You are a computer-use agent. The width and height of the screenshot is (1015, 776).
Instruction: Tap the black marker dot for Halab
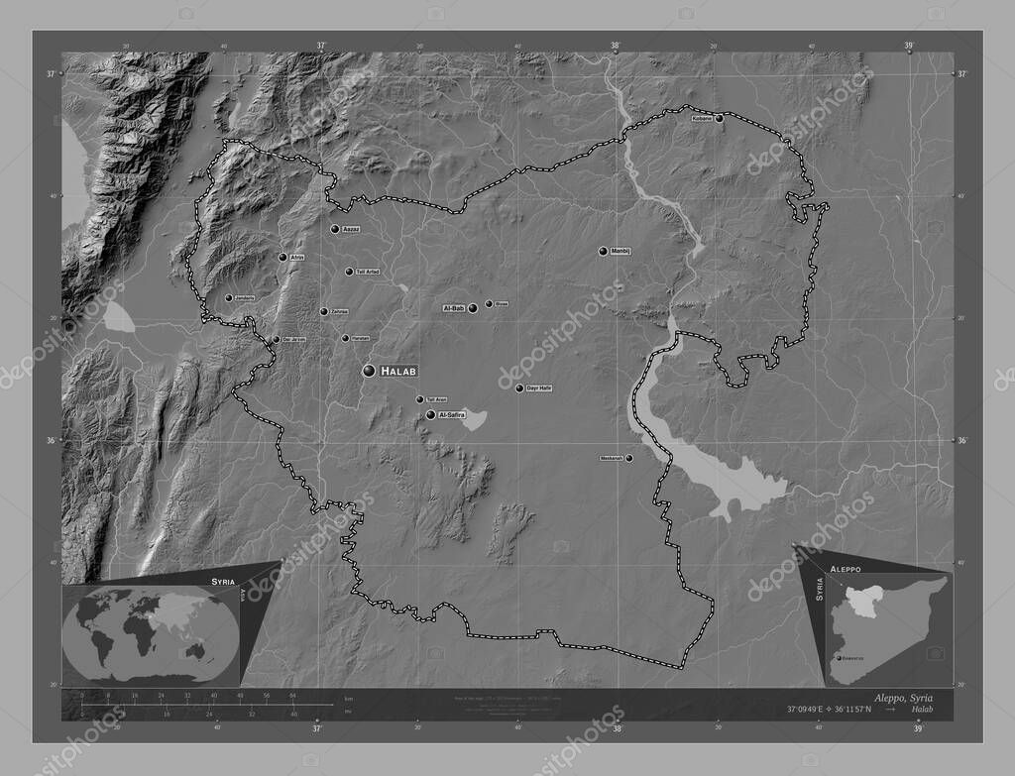click(369, 371)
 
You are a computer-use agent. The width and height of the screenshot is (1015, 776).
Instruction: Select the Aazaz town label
click(350, 229)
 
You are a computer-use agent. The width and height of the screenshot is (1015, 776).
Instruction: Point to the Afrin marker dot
click(282, 258)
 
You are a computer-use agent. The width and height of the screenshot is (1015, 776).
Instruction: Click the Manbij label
click(621, 251)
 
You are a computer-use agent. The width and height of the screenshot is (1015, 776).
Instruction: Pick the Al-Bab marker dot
click(473, 309)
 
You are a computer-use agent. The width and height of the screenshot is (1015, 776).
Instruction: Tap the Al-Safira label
click(451, 414)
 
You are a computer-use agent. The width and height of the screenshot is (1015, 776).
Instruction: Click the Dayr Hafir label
click(539, 388)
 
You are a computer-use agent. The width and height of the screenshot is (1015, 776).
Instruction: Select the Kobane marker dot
click(720, 119)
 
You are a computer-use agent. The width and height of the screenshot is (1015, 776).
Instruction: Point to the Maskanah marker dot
click(628, 458)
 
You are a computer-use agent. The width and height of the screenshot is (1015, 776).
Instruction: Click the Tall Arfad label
click(366, 272)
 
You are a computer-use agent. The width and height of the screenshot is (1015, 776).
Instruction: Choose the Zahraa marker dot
click(323, 312)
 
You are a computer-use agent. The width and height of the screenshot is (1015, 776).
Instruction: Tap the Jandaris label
click(244, 298)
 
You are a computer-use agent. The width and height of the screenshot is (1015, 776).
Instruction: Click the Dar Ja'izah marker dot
click(277, 340)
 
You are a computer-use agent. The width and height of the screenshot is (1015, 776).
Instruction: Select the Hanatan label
click(359, 339)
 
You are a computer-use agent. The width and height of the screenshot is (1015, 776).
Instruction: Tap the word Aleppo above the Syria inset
click(846, 572)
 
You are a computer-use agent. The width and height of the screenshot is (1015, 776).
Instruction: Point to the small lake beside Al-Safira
click(474, 420)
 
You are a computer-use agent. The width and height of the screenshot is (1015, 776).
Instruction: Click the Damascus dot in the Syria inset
click(840, 657)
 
